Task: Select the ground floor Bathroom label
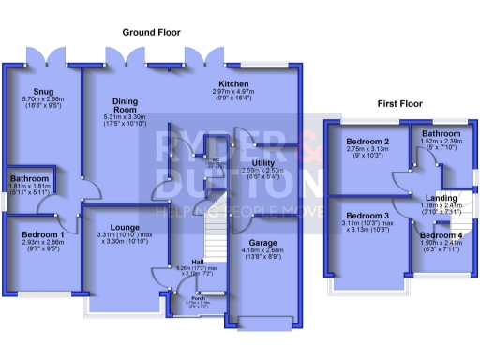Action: click(31, 178)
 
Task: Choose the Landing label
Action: click(440, 198)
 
